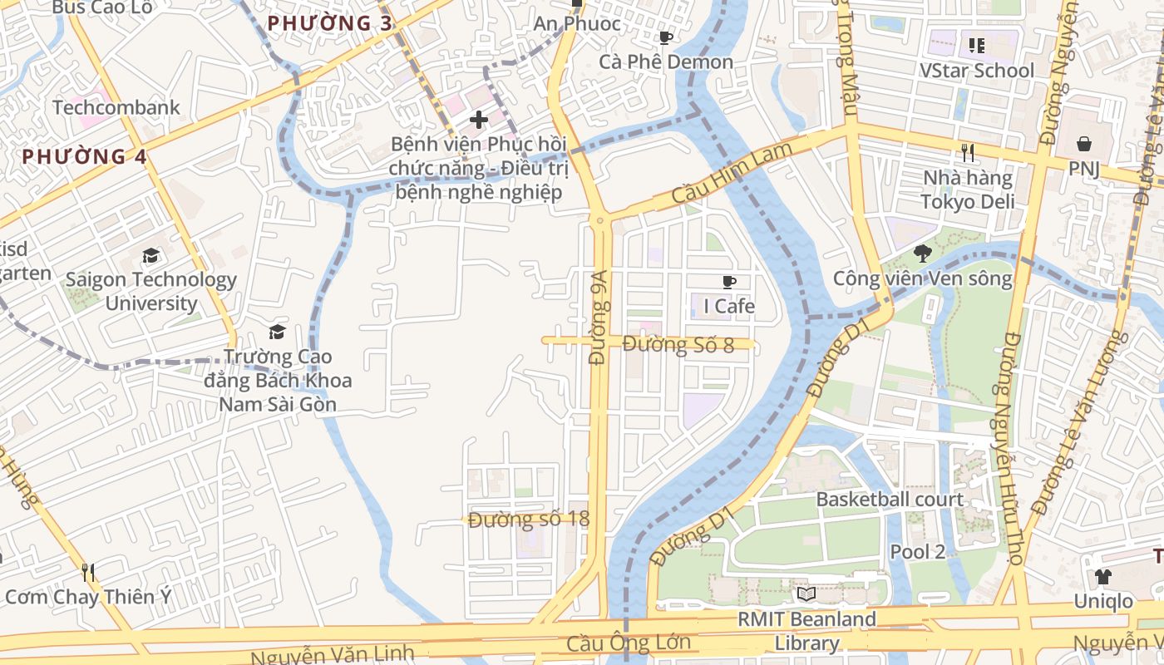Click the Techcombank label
point(116,107)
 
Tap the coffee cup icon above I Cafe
point(729,283)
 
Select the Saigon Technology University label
point(150,291)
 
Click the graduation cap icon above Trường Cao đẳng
point(277,332)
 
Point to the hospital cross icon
point(478,120)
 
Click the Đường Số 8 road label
point(678,343)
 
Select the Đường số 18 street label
point(529,520)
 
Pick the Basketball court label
point(890,500)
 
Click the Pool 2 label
point(918,551)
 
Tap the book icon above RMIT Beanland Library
point(806,594)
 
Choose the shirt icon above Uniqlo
point(1102,576)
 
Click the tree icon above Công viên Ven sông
point(921,254)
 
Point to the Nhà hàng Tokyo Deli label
point(968,190)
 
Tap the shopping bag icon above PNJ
point(1084,144)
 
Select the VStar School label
point(977,71)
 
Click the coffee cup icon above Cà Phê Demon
point(665,37)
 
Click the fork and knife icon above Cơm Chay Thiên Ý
point(88,572)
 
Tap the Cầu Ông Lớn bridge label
point(629,643)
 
